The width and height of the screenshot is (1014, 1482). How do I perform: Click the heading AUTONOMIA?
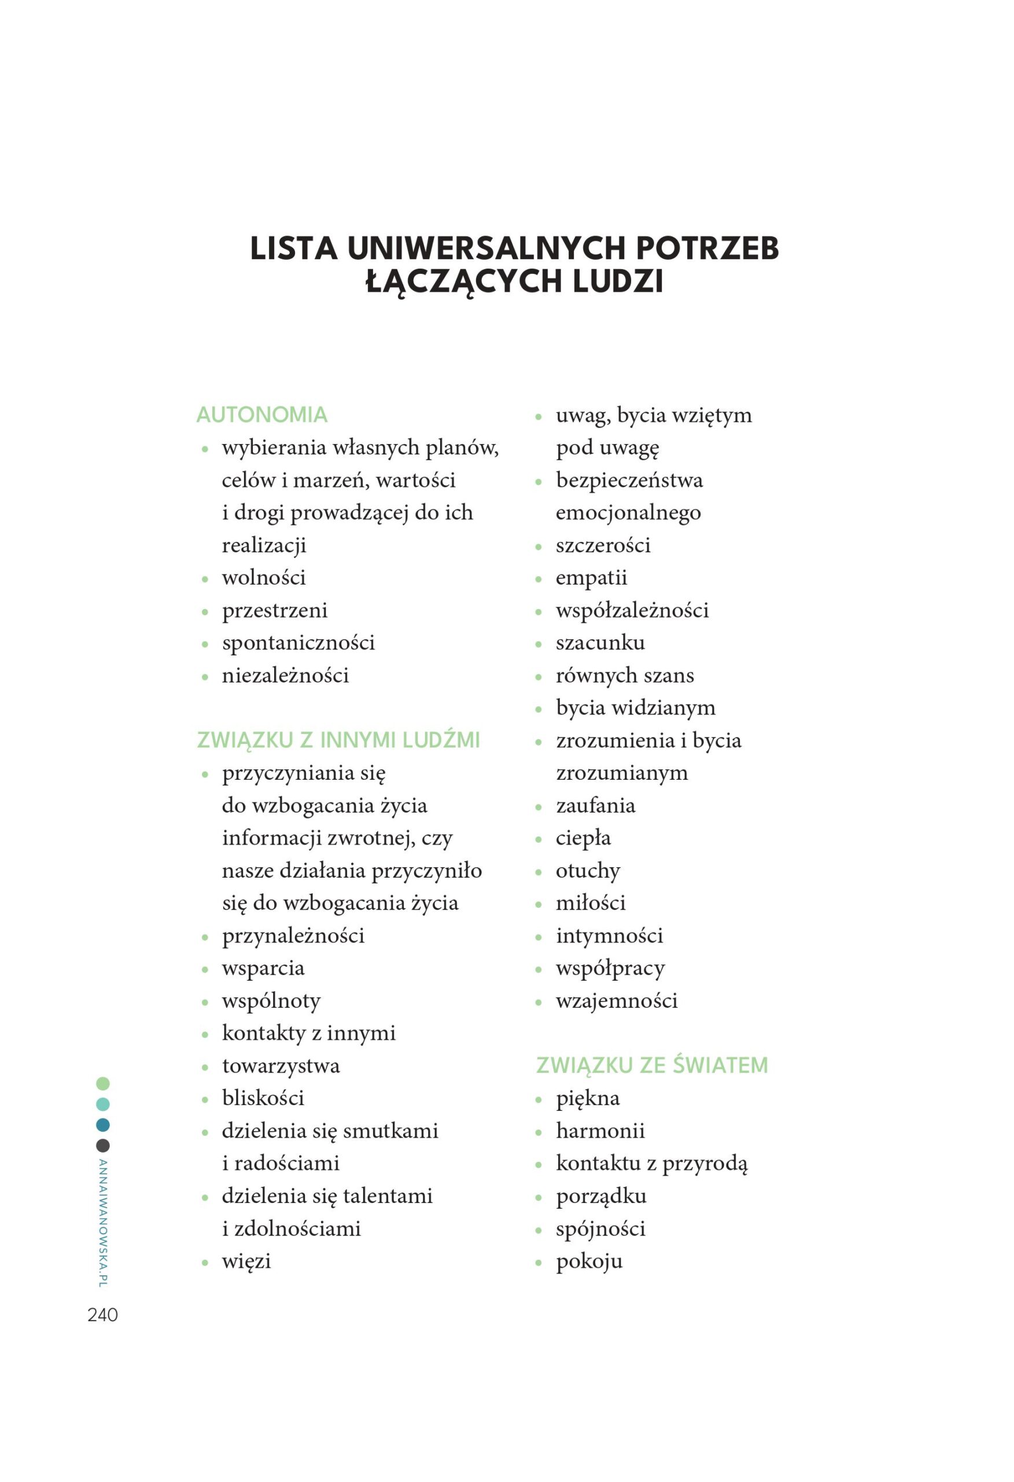pos(261,414)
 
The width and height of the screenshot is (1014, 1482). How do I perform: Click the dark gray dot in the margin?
pos(102,1145)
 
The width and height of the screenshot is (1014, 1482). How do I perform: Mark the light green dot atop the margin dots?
pos(102,1084)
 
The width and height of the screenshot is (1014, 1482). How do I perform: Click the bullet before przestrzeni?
pos(205,611)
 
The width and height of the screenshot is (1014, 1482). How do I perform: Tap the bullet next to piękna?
pos(539,1099)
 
